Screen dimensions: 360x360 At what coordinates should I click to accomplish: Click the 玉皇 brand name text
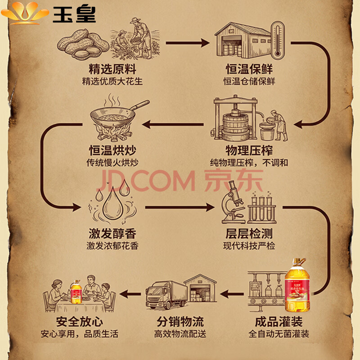coord(75,14)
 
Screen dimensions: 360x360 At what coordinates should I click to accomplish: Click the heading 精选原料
coord(112,70)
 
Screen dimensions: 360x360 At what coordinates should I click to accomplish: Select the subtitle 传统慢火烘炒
coord(112,163)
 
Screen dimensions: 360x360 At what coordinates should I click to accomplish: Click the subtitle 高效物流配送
coord(180,334)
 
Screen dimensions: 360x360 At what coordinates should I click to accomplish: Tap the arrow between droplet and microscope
coord(180,208)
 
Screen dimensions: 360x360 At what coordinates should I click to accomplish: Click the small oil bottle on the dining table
coord(75,291)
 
